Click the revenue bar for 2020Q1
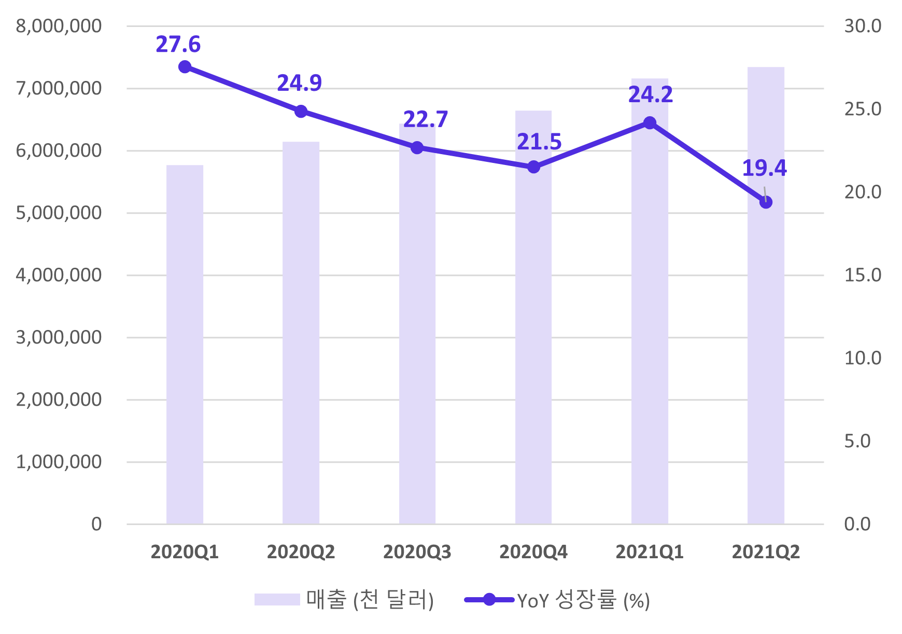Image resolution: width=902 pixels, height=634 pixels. [185, 344]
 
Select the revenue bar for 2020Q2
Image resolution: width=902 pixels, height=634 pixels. [301, 333]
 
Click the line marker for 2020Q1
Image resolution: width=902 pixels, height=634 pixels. [185, 67]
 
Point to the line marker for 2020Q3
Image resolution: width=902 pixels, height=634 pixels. [417, 148]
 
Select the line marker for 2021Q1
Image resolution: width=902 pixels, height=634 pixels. [650, 123]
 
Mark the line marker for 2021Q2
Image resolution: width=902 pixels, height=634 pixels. [766, 202]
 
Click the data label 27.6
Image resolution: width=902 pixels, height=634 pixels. [178, 45]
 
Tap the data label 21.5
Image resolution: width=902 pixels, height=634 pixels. [539, 142]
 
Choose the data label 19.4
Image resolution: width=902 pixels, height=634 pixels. [764, 168]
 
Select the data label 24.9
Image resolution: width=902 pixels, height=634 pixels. [299, 83]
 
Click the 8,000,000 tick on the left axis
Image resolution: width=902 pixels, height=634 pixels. [59, 26]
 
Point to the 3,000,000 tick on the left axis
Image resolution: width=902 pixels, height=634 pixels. [59, 337]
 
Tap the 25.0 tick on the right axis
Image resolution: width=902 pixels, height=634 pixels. [863, 109]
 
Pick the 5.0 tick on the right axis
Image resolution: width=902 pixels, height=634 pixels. [857, 441]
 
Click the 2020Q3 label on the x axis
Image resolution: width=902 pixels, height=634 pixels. [417, 552]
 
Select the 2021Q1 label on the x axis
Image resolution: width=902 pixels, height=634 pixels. [650, 552]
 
